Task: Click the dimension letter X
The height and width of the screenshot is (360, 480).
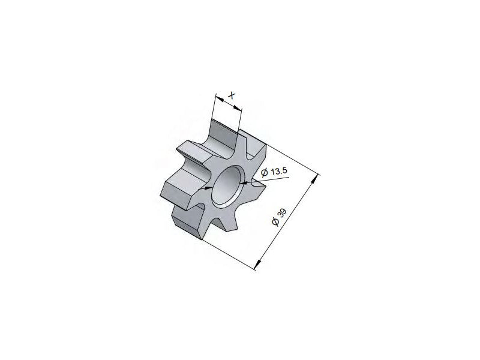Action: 232,95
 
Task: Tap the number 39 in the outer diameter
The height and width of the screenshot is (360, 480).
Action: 282,214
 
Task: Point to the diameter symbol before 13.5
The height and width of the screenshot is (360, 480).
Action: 265,173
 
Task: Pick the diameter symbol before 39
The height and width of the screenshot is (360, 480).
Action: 275,222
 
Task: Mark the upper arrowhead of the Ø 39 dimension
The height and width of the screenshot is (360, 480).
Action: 314,181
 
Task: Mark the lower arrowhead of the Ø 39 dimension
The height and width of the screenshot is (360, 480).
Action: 259,265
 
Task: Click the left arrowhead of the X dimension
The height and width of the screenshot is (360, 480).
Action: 220,98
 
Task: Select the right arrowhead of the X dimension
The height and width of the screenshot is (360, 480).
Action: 237,107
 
